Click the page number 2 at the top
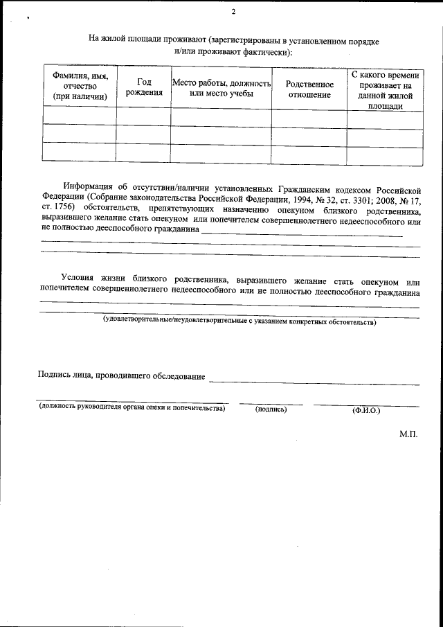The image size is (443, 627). pos(234,12)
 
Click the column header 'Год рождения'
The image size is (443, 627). pos(143,87)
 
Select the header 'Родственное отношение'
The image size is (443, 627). pos(309,89)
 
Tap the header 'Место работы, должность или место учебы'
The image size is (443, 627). pos(221,88)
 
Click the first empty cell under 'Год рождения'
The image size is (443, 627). pos(143,116)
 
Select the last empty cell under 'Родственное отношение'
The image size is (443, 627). pos(309,154)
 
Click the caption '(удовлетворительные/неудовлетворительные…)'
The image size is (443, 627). pos(239,322)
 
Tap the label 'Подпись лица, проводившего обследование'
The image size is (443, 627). pos(121,376)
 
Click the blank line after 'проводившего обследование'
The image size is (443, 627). pos(314,381)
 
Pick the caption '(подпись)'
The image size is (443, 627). pos(271,409)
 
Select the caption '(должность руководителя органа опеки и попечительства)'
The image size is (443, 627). pos(132,409)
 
